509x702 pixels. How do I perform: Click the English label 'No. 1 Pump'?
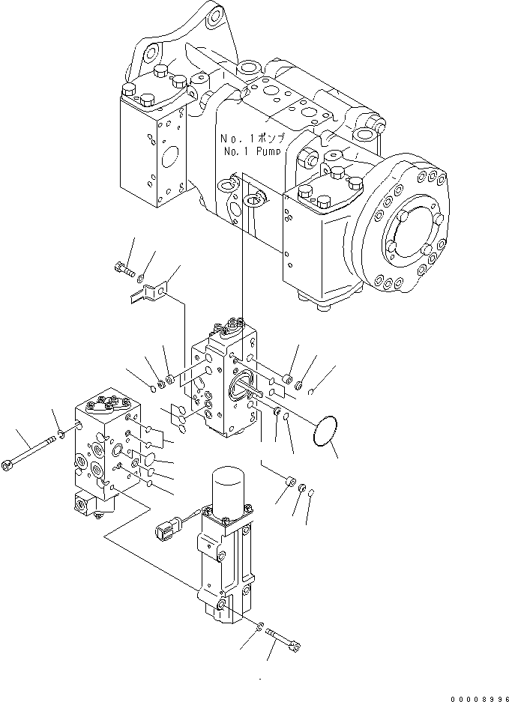point(251,152)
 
